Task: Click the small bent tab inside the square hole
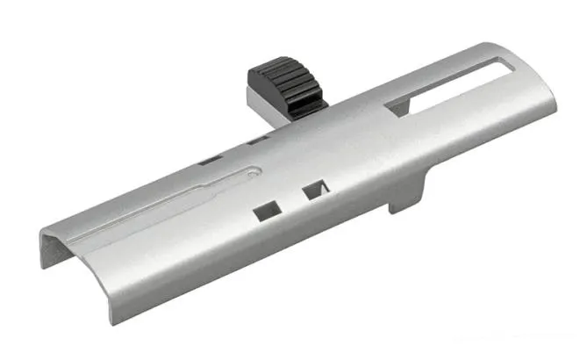pos(320,189)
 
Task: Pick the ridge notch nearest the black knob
pos(256,139)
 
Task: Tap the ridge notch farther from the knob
pos(211,159)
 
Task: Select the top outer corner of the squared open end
pos(41,230)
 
